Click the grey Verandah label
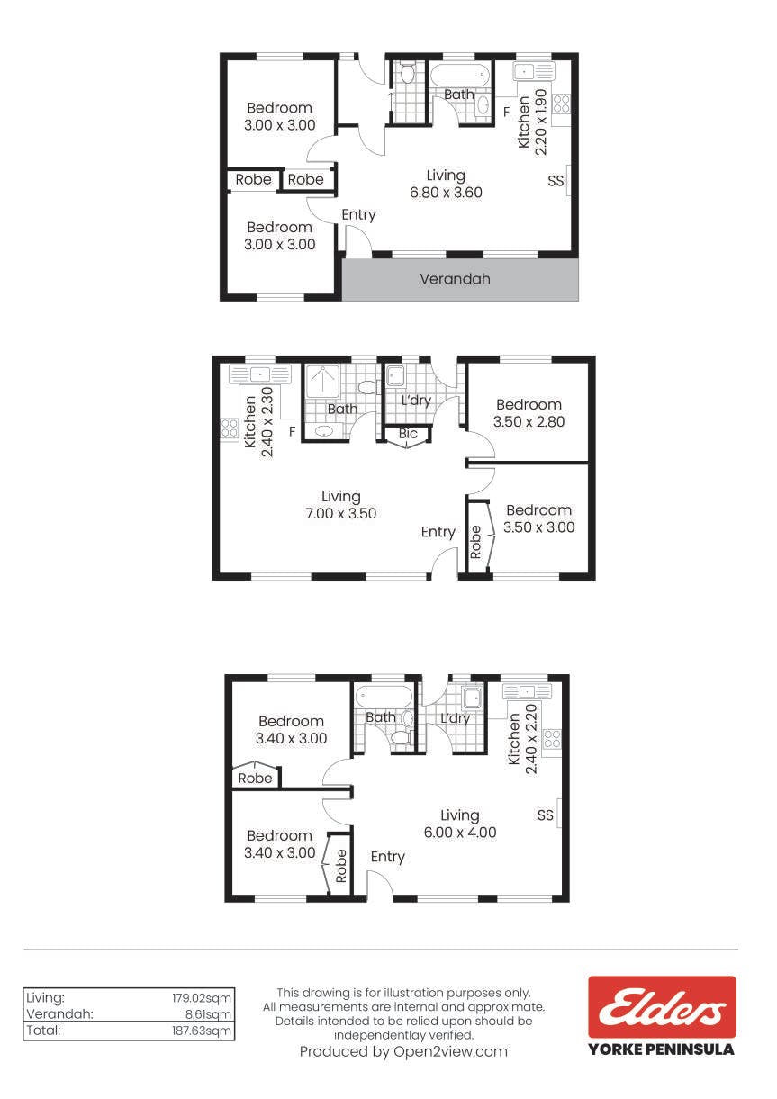pos(455,279)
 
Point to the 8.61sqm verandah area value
pos(205,1013)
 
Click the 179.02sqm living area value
pos(202,997)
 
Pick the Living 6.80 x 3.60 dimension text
pos(447,193)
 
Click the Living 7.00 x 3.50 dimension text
pos(340,513)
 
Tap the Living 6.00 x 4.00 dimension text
pos(460,832)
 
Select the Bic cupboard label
pos(408,433)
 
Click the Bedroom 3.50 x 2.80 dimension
pos(529,421)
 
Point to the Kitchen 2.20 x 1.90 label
pos(532,122)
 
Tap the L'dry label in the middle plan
pos(416,401)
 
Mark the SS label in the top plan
pos(556,181)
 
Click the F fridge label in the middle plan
pos(292,431)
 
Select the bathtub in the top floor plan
pos(460,76)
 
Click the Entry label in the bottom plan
pos(387,857)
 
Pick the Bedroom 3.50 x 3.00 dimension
pos(539,527)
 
